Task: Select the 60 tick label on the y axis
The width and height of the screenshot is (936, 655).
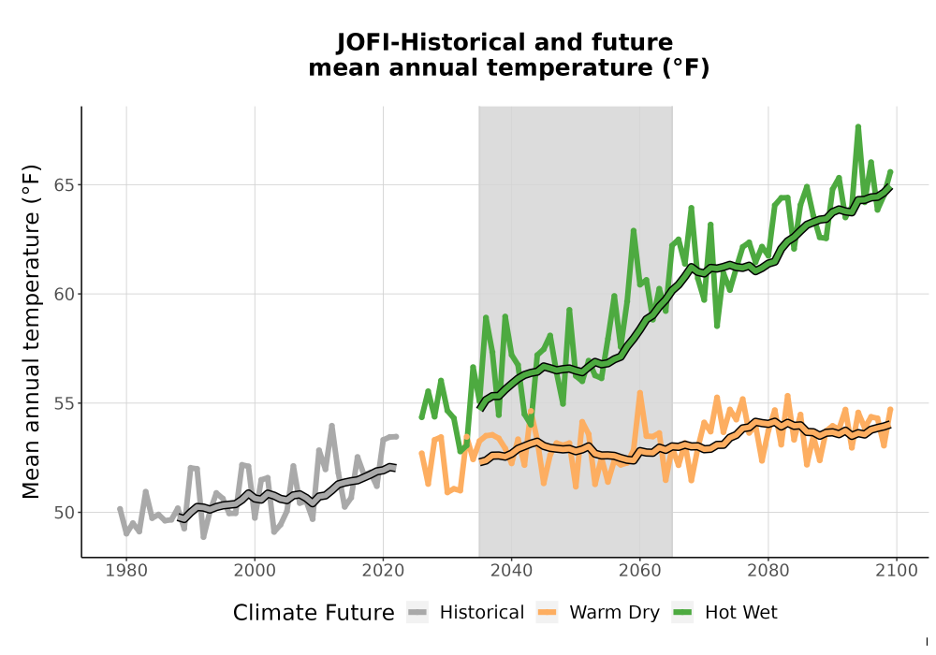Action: tap(65, 294)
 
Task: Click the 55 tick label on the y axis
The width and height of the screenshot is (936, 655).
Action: tap(65, 403)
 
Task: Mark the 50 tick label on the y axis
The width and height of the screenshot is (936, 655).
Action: tap(65, 513)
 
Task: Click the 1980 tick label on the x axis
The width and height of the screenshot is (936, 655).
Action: tap(126, 571)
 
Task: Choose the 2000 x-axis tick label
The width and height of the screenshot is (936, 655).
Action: tap(255, 571)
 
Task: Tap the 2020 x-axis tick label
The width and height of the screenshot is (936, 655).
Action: tap(383, 571)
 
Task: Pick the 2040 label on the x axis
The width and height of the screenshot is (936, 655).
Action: tap(511, 571)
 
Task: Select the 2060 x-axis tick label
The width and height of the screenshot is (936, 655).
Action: tap(639, 571)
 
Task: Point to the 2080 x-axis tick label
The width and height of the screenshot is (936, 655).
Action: tap(768, 571)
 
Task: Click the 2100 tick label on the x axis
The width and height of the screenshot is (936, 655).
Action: tap(896, 571)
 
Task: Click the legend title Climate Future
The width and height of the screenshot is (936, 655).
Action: tap(314, 613)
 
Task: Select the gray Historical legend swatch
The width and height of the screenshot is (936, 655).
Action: tap(417, 612)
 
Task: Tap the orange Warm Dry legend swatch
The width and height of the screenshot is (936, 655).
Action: tap(547, 612)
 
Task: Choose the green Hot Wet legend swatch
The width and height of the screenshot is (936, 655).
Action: tap(682, 612)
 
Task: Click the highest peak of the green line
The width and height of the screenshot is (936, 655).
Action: tap(857, 127)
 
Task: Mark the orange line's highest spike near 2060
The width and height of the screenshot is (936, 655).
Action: tap(639, 392)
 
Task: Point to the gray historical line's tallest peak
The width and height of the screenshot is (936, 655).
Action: tap(331, 426)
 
